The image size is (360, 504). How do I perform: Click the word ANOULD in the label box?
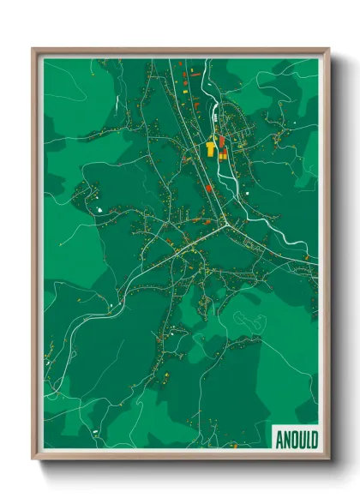pos(296,439)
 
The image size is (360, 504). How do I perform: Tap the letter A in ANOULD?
pos(280,439)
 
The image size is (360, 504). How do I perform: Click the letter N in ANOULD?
pos(286,439)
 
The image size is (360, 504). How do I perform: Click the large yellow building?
pos(210,149)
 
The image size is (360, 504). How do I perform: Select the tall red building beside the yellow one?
pos(220,142)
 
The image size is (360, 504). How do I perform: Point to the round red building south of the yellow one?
pos(208,188)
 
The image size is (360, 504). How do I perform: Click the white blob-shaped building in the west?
pos(99,208)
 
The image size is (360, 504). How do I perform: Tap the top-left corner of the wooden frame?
pos(33,49)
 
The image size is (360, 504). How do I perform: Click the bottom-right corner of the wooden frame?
pos(328,459)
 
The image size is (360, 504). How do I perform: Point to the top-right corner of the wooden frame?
pos(328,49)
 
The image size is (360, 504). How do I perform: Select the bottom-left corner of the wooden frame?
pos(33,459)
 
